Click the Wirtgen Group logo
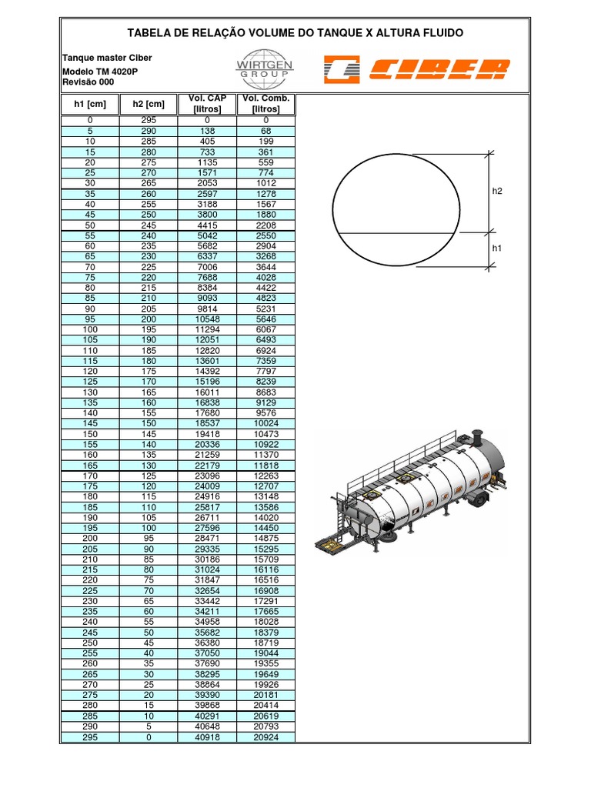pos(265,67)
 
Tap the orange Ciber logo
pos(416,69)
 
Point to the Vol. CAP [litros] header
pos(207,104)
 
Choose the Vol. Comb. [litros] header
pos(266,104)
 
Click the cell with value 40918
pos(207,737)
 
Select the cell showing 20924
pos(266,737)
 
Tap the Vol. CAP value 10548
pos(207,319)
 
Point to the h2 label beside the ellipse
pos(496,191)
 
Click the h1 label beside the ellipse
pos(496,249)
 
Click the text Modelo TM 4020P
pos(100,71)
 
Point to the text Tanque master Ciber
pos(106,58)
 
